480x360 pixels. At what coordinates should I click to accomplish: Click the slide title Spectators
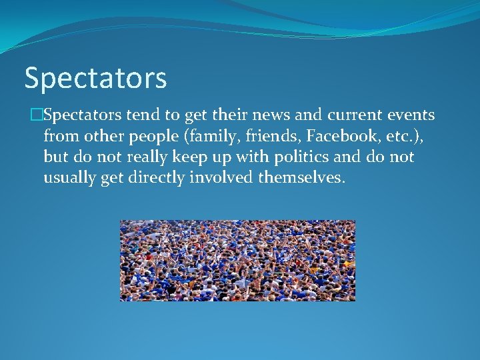click(x=95, y=78)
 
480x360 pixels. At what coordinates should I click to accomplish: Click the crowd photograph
click(x=237, y=260)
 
